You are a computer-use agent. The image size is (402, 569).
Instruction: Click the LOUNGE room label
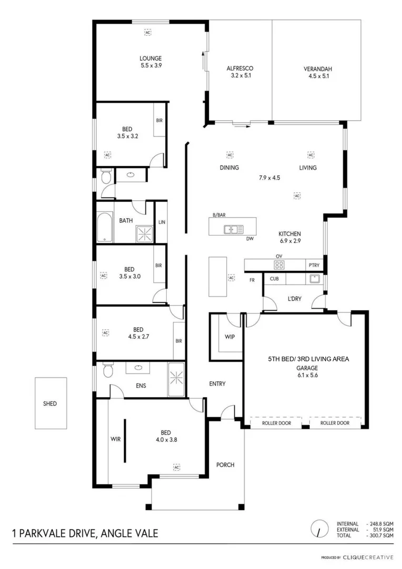coord(150,58)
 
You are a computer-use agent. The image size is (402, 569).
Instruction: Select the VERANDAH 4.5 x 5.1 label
coord(317,68)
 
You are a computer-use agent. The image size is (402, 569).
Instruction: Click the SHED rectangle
coord(50,404)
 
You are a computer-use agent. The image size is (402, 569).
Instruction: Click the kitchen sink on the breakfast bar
coord(233,229)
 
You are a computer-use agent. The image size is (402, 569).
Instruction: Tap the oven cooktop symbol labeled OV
coord(279,264)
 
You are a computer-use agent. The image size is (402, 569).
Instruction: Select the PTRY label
coord(314,265)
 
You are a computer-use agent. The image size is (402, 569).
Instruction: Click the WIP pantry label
coord(229,336)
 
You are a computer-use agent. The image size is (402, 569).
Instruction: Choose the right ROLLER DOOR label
coord(335,423)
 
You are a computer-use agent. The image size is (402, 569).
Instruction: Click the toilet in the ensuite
coord(108,371)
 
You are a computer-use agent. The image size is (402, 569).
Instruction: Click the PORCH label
coord(225,465)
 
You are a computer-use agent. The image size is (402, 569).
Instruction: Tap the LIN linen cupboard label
coord(162,222)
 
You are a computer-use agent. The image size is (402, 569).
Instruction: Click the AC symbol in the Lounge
coord(148,32)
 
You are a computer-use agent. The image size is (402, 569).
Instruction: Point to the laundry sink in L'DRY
coord(314,279)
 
